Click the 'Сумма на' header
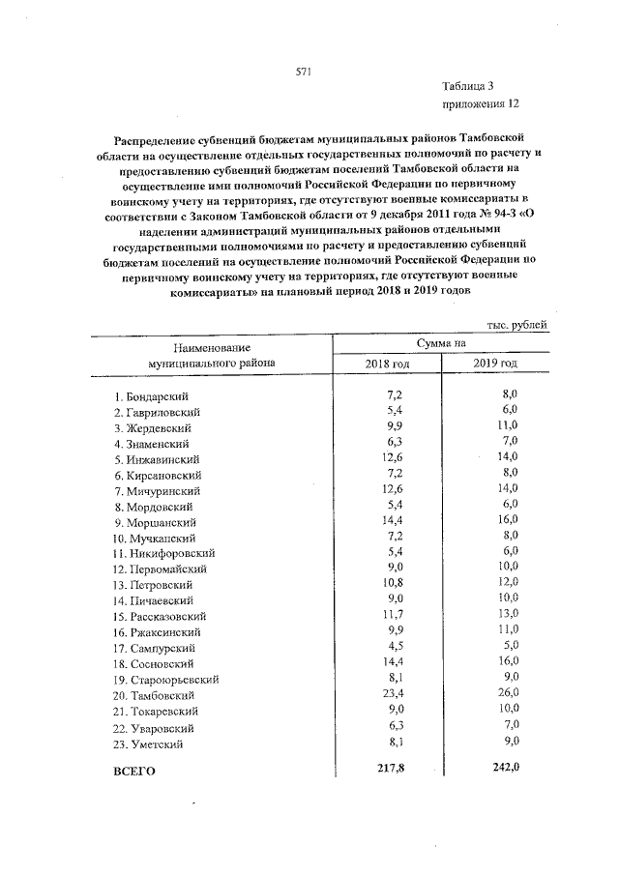pyautogui.click(x=441, y=342)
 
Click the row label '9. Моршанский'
pyautogui.click(x=153, y=522)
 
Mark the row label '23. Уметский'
pyautogui.click(x=148, y=744)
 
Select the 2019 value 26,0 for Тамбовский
pyautogui.click(x=509, y=694)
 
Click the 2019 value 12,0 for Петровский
pyautogui.click(x=509, y=584)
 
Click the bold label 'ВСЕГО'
pyautogui.click(x=134, y=773)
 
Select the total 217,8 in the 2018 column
pyautogui.click(x=398, y=771)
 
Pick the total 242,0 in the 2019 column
pyautogui.click(x=506, y=771)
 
